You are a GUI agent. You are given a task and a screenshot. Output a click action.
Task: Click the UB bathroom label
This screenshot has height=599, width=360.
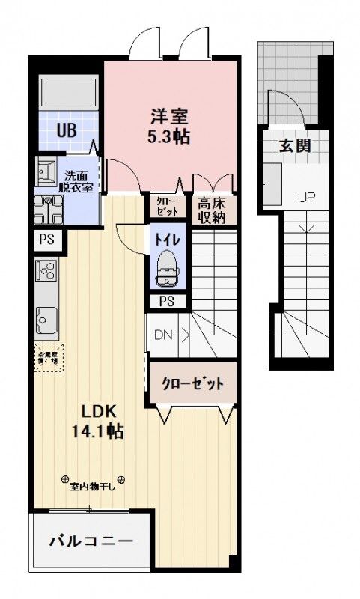point(67,129)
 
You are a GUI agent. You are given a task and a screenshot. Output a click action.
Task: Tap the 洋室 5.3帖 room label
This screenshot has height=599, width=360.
point(168,126)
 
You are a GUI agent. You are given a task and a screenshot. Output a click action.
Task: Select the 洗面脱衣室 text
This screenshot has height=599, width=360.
point(78,180)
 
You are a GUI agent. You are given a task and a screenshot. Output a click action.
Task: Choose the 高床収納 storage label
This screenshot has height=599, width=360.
point(213,209)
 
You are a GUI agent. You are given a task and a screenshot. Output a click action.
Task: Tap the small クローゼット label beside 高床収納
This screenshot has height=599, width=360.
point(165,207)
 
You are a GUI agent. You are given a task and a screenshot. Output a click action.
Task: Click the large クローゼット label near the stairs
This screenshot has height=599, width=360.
point(193,384)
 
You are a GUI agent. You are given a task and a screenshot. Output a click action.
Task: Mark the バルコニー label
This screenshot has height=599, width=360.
point(91,541)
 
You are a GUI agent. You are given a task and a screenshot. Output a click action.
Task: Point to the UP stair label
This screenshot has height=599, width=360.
point(306,198)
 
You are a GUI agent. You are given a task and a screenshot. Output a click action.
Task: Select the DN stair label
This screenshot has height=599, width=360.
point(163,335)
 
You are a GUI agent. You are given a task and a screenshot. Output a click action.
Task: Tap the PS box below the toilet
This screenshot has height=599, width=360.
point(167,301)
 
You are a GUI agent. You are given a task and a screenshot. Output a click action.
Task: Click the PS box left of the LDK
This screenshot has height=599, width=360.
point(46,240)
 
